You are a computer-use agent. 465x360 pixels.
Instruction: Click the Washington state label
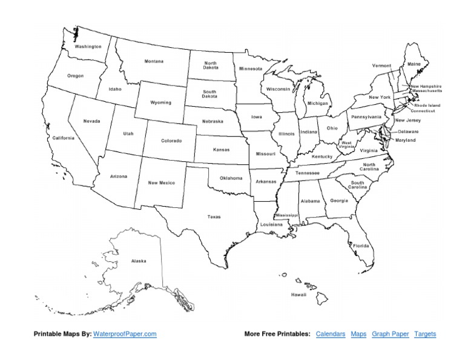[x=88, y=46]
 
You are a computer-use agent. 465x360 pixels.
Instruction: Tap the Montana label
[x=154, y=61]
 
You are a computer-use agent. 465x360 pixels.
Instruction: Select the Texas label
[x=214, y=216]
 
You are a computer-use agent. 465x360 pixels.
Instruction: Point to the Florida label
[x=361, y=245]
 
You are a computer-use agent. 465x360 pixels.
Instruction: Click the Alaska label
[x=139, y=261]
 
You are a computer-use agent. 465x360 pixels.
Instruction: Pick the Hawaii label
[x=298, y=294]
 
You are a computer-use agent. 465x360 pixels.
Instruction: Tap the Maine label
[x=414, y=64]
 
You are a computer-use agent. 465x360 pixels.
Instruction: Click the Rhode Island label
[x=427, y=105]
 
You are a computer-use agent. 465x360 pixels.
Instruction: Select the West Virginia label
[x=346, y=145]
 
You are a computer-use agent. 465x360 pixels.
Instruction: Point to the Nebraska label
[x=213, y=121]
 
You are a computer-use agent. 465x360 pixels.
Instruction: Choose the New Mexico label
[x=161, y=182]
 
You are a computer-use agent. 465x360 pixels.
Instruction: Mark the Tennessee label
[x=307, y=173]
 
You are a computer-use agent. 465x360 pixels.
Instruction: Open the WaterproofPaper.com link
[x=125, y=334]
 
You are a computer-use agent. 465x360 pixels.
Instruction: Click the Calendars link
[x=331, y=334]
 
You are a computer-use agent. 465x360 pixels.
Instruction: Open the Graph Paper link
[x=390, y=334]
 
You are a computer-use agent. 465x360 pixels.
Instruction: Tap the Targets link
[x=425, y=334]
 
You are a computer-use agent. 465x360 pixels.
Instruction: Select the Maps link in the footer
[x=358, y=334]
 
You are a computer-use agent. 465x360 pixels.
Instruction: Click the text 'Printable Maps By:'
[x=62, y=334]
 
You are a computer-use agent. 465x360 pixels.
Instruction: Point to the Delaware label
[x=407, y=132]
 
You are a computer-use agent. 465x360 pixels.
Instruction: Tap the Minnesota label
[x=250, y=69]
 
